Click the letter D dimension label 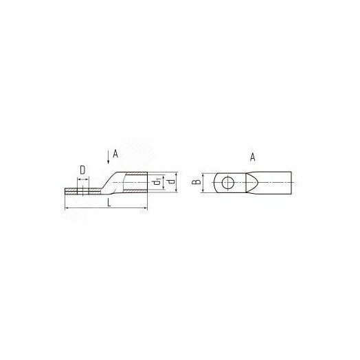point(82,170)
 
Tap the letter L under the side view point(109,203)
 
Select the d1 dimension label point(157,182)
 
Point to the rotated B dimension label point(196,182)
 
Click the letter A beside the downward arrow point(115,154)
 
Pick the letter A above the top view point(253,157)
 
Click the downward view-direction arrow point(108,157)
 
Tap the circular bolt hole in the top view point(228,183)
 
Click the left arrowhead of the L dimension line point(67,208)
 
